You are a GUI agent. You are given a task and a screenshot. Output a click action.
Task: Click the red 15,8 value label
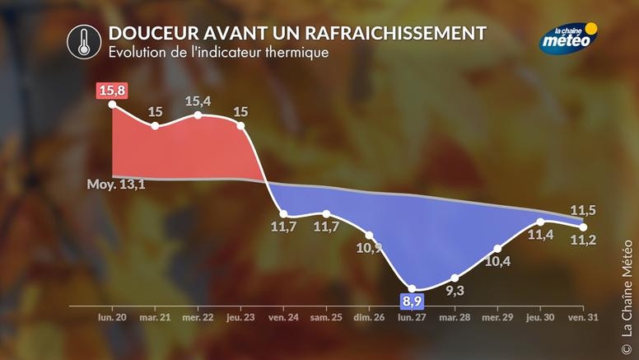[112, 88]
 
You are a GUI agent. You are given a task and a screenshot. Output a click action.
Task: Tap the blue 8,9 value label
[412, 301]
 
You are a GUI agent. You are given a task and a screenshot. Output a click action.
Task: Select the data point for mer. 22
[198, 115]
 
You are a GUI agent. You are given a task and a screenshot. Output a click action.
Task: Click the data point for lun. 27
[412, 290]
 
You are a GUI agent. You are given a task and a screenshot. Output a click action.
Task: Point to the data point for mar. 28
[455, 278]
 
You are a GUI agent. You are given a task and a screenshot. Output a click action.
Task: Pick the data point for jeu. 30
[540, 222]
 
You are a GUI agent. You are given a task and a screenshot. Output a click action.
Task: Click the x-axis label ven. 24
[282, 317]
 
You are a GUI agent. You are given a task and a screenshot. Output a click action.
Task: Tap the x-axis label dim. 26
[368, 317]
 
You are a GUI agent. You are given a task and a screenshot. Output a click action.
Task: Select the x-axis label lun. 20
[112, 317]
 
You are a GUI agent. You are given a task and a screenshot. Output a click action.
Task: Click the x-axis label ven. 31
[583, 317]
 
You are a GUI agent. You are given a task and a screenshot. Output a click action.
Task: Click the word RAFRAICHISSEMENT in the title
[395, 33]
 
